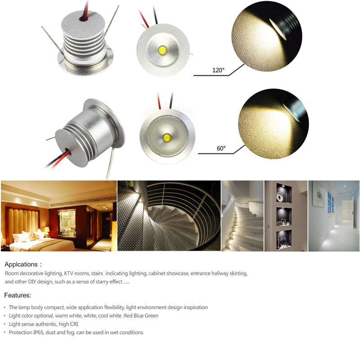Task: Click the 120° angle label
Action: pyautogui.click(x=219, y=70)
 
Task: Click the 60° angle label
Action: pyautogui.click(x=221, y=148)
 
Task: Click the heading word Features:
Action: pyautogui.click(x=18, y=296)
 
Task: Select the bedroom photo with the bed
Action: pyautogui.click(x=58, y=216)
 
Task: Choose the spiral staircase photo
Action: pyautogui.click(x=169, y=216)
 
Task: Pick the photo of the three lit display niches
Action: pyautogui.click(x=286, y=216)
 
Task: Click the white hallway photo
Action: pyautogui.click(x=333, y=216)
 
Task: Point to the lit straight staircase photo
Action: pyautogui.click(x=242, y=216)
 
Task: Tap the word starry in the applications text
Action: pyautogui.click(x=96, y=282)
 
